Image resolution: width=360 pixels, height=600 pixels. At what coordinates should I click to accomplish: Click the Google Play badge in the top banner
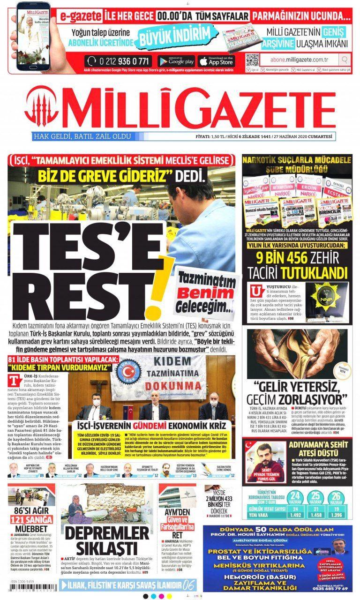(177, 61)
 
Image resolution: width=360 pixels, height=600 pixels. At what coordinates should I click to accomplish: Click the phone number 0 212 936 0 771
(119, 61)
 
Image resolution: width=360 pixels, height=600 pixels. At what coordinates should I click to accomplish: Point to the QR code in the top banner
(252, 60)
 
